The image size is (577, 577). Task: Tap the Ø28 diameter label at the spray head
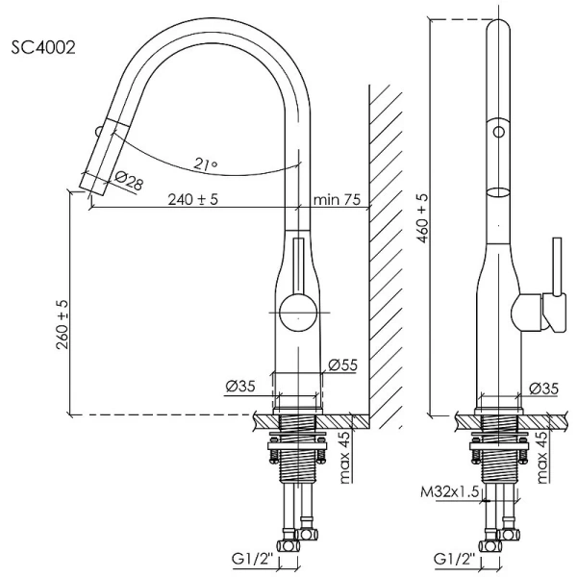click(x=129, y=181)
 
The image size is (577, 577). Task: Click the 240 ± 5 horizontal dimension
click(x=193, y=200)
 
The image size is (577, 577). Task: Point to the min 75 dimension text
click(x=337, y=200)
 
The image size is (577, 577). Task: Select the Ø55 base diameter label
click(x=342, y=365)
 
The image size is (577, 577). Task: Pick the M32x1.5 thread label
click(x=452, y=493)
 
